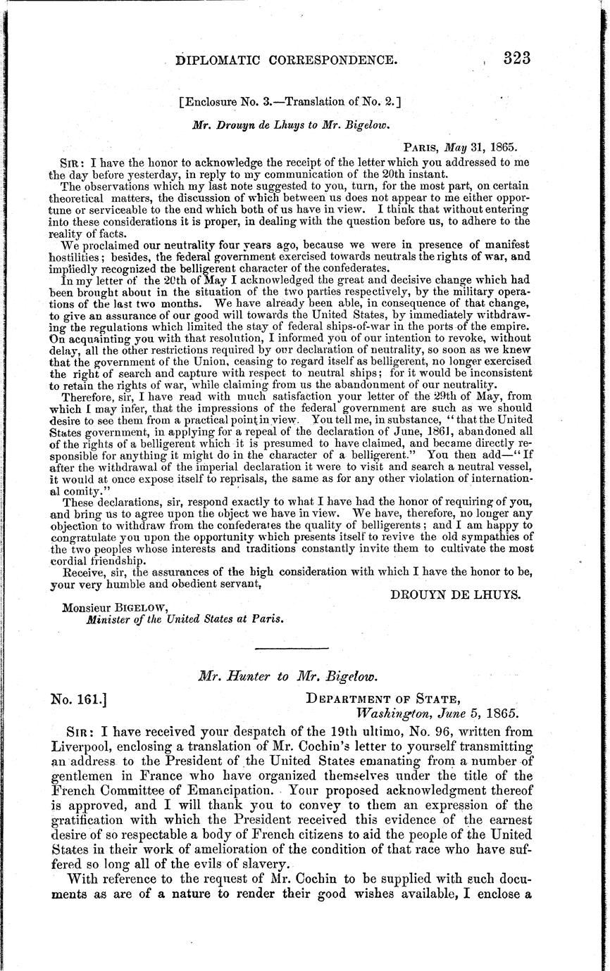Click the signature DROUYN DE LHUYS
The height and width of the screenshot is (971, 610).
[x=456, y=595]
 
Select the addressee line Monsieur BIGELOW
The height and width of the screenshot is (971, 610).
[x=116, y=607]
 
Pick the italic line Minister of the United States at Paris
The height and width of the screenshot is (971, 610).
[x=185, y=620]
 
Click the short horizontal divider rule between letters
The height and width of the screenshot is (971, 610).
[x=290, y=647]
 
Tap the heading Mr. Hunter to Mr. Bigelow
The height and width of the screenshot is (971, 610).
[x=290, y=676]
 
